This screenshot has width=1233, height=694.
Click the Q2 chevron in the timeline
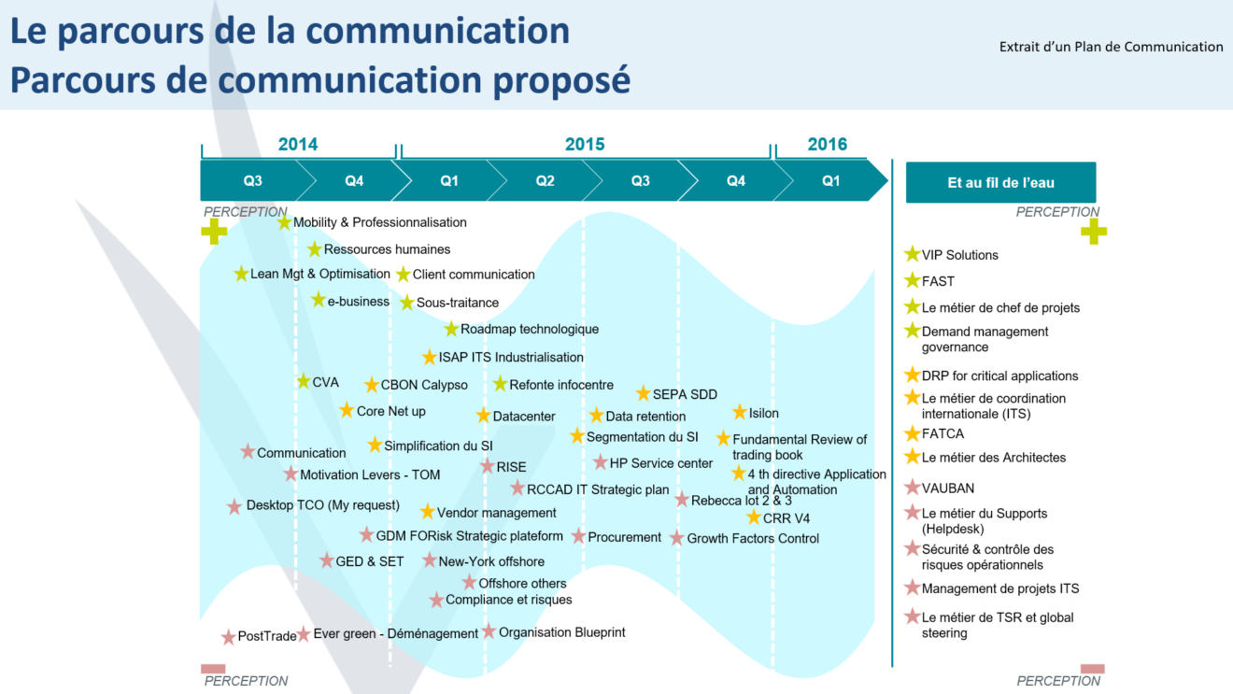(x=545, y=181)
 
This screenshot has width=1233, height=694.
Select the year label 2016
(x=827, y=144)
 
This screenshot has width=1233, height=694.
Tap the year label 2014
(x=297, y=144)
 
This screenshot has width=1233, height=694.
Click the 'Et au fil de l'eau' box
(x=1000, y=183)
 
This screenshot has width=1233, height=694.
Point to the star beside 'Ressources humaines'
(x=315, y=249)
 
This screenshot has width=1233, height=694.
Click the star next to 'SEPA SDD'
(x=644, y=394)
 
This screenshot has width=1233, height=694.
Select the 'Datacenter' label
(x=524, y=417)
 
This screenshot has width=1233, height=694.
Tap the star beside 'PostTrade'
(x=229, y=637)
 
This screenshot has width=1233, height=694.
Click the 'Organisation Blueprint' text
(x=561, y=632)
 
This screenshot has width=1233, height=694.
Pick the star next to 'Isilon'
(x=740, y=413)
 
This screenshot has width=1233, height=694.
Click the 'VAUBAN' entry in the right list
(x=947, y=488)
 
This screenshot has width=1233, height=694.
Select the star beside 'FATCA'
(x=913, y=433)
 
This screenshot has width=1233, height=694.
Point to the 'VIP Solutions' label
(x=959, y=255)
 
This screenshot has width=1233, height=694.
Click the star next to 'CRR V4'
(x=754, y=517)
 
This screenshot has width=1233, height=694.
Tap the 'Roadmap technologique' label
(x=530, y=329)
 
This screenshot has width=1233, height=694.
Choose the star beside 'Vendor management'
(x=427, y=512)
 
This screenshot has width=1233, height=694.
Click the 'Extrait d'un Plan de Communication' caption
(x=1111, y=47)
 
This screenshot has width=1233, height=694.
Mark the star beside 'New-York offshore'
(x=429, y=560)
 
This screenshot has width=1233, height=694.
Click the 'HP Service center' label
(x=660, y=463)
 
